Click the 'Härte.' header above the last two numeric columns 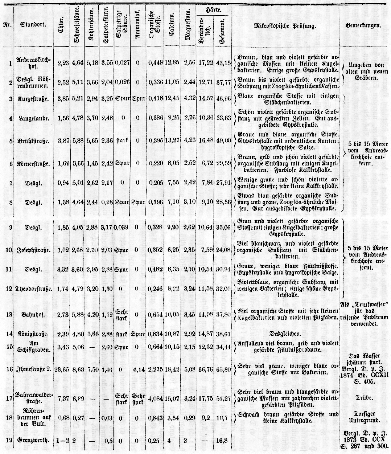214,8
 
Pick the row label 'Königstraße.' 33,333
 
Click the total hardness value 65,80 222,370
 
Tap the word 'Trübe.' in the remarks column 363,398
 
